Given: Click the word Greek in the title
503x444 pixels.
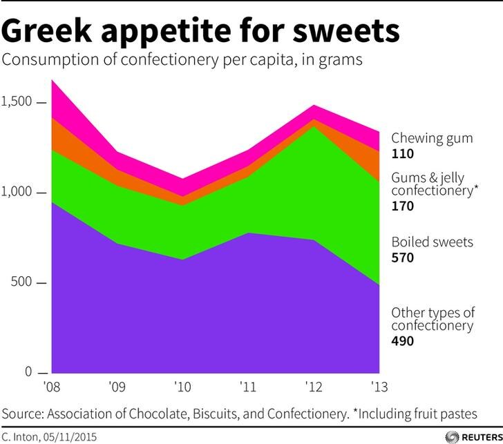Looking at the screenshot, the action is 46,31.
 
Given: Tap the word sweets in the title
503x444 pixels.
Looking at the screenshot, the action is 346,31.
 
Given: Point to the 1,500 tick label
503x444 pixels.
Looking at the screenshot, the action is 17,102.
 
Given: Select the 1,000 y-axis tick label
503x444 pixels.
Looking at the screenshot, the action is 17,192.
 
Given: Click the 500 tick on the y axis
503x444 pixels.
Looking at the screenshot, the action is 21,282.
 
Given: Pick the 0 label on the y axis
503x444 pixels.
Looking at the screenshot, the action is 28,372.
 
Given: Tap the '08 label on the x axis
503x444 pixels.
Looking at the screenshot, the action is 52,387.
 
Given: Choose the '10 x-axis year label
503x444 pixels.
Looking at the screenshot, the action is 182,387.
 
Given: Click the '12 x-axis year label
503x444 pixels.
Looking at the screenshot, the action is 314,387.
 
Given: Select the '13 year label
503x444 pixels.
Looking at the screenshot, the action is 379,387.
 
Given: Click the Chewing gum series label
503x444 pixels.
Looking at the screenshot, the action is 432,139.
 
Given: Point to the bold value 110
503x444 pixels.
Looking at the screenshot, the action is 403,154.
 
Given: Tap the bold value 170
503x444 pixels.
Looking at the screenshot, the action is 403,206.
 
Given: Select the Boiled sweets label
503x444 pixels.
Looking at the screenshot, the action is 432,242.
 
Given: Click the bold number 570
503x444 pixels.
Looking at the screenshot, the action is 403,258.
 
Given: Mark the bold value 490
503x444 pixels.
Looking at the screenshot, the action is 403,341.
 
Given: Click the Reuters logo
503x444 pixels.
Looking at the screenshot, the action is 474,437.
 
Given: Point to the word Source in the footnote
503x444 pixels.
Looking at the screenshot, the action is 22,414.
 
